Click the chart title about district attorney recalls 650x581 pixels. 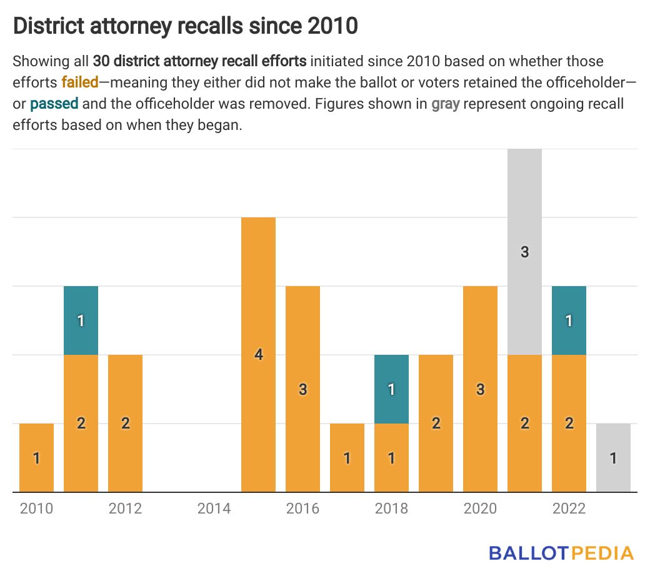(x=186, y=26)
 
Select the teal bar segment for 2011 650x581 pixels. (x=81, y=320)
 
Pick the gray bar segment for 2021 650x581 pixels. (x=524, y=252)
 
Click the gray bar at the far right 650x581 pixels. (x=613, y=457)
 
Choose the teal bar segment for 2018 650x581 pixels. (x=391, y=389)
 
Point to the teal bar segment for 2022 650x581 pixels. (x=569, y=320)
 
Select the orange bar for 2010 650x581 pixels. (x=36, y=457)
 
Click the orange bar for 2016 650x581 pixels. (x=302, y=389)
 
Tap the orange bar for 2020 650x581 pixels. (x=480, y=389)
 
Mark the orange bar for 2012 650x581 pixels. (x=125, y=423)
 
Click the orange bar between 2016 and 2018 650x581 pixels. (x=347, y=457)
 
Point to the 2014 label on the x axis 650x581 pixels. (x=214, y=509)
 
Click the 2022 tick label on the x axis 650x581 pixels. (x=569, y=509)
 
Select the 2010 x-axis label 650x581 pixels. (x=36, y=509)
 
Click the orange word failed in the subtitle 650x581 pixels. (x=80, y=82)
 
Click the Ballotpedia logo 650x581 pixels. (x=561, y=553)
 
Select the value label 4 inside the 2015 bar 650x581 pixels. (x=258, y=355)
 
